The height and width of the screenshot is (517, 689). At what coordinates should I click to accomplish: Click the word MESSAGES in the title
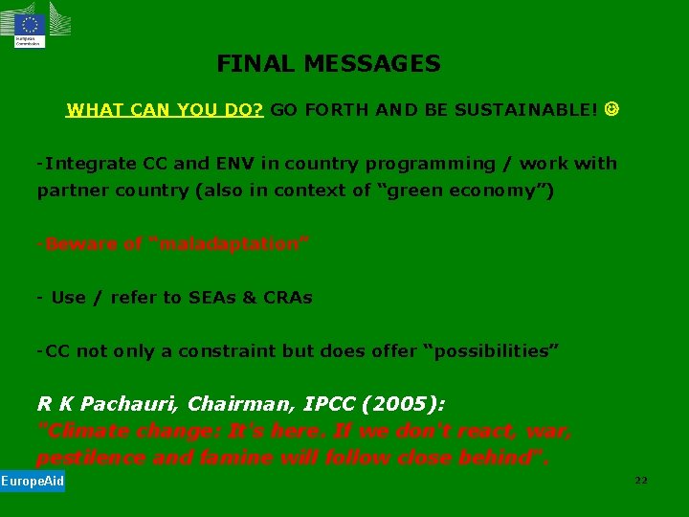coord(372,64)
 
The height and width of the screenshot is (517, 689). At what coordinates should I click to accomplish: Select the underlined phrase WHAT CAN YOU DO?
coord(165,110)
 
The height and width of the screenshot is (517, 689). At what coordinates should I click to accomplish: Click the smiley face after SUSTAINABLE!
coord(611,109)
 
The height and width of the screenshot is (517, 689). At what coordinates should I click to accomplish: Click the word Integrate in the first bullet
coord(84,164)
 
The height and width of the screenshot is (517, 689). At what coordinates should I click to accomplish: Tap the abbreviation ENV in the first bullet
coord(238,164)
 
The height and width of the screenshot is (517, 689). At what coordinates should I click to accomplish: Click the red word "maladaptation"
coord(231,244)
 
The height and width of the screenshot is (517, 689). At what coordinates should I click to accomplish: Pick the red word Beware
coord(77,244)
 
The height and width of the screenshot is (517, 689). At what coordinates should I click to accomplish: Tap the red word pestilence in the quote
coord(86,458)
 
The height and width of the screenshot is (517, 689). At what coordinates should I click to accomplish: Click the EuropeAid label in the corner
coord(33,481)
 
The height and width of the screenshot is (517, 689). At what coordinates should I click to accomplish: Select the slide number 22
coord(640,481)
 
